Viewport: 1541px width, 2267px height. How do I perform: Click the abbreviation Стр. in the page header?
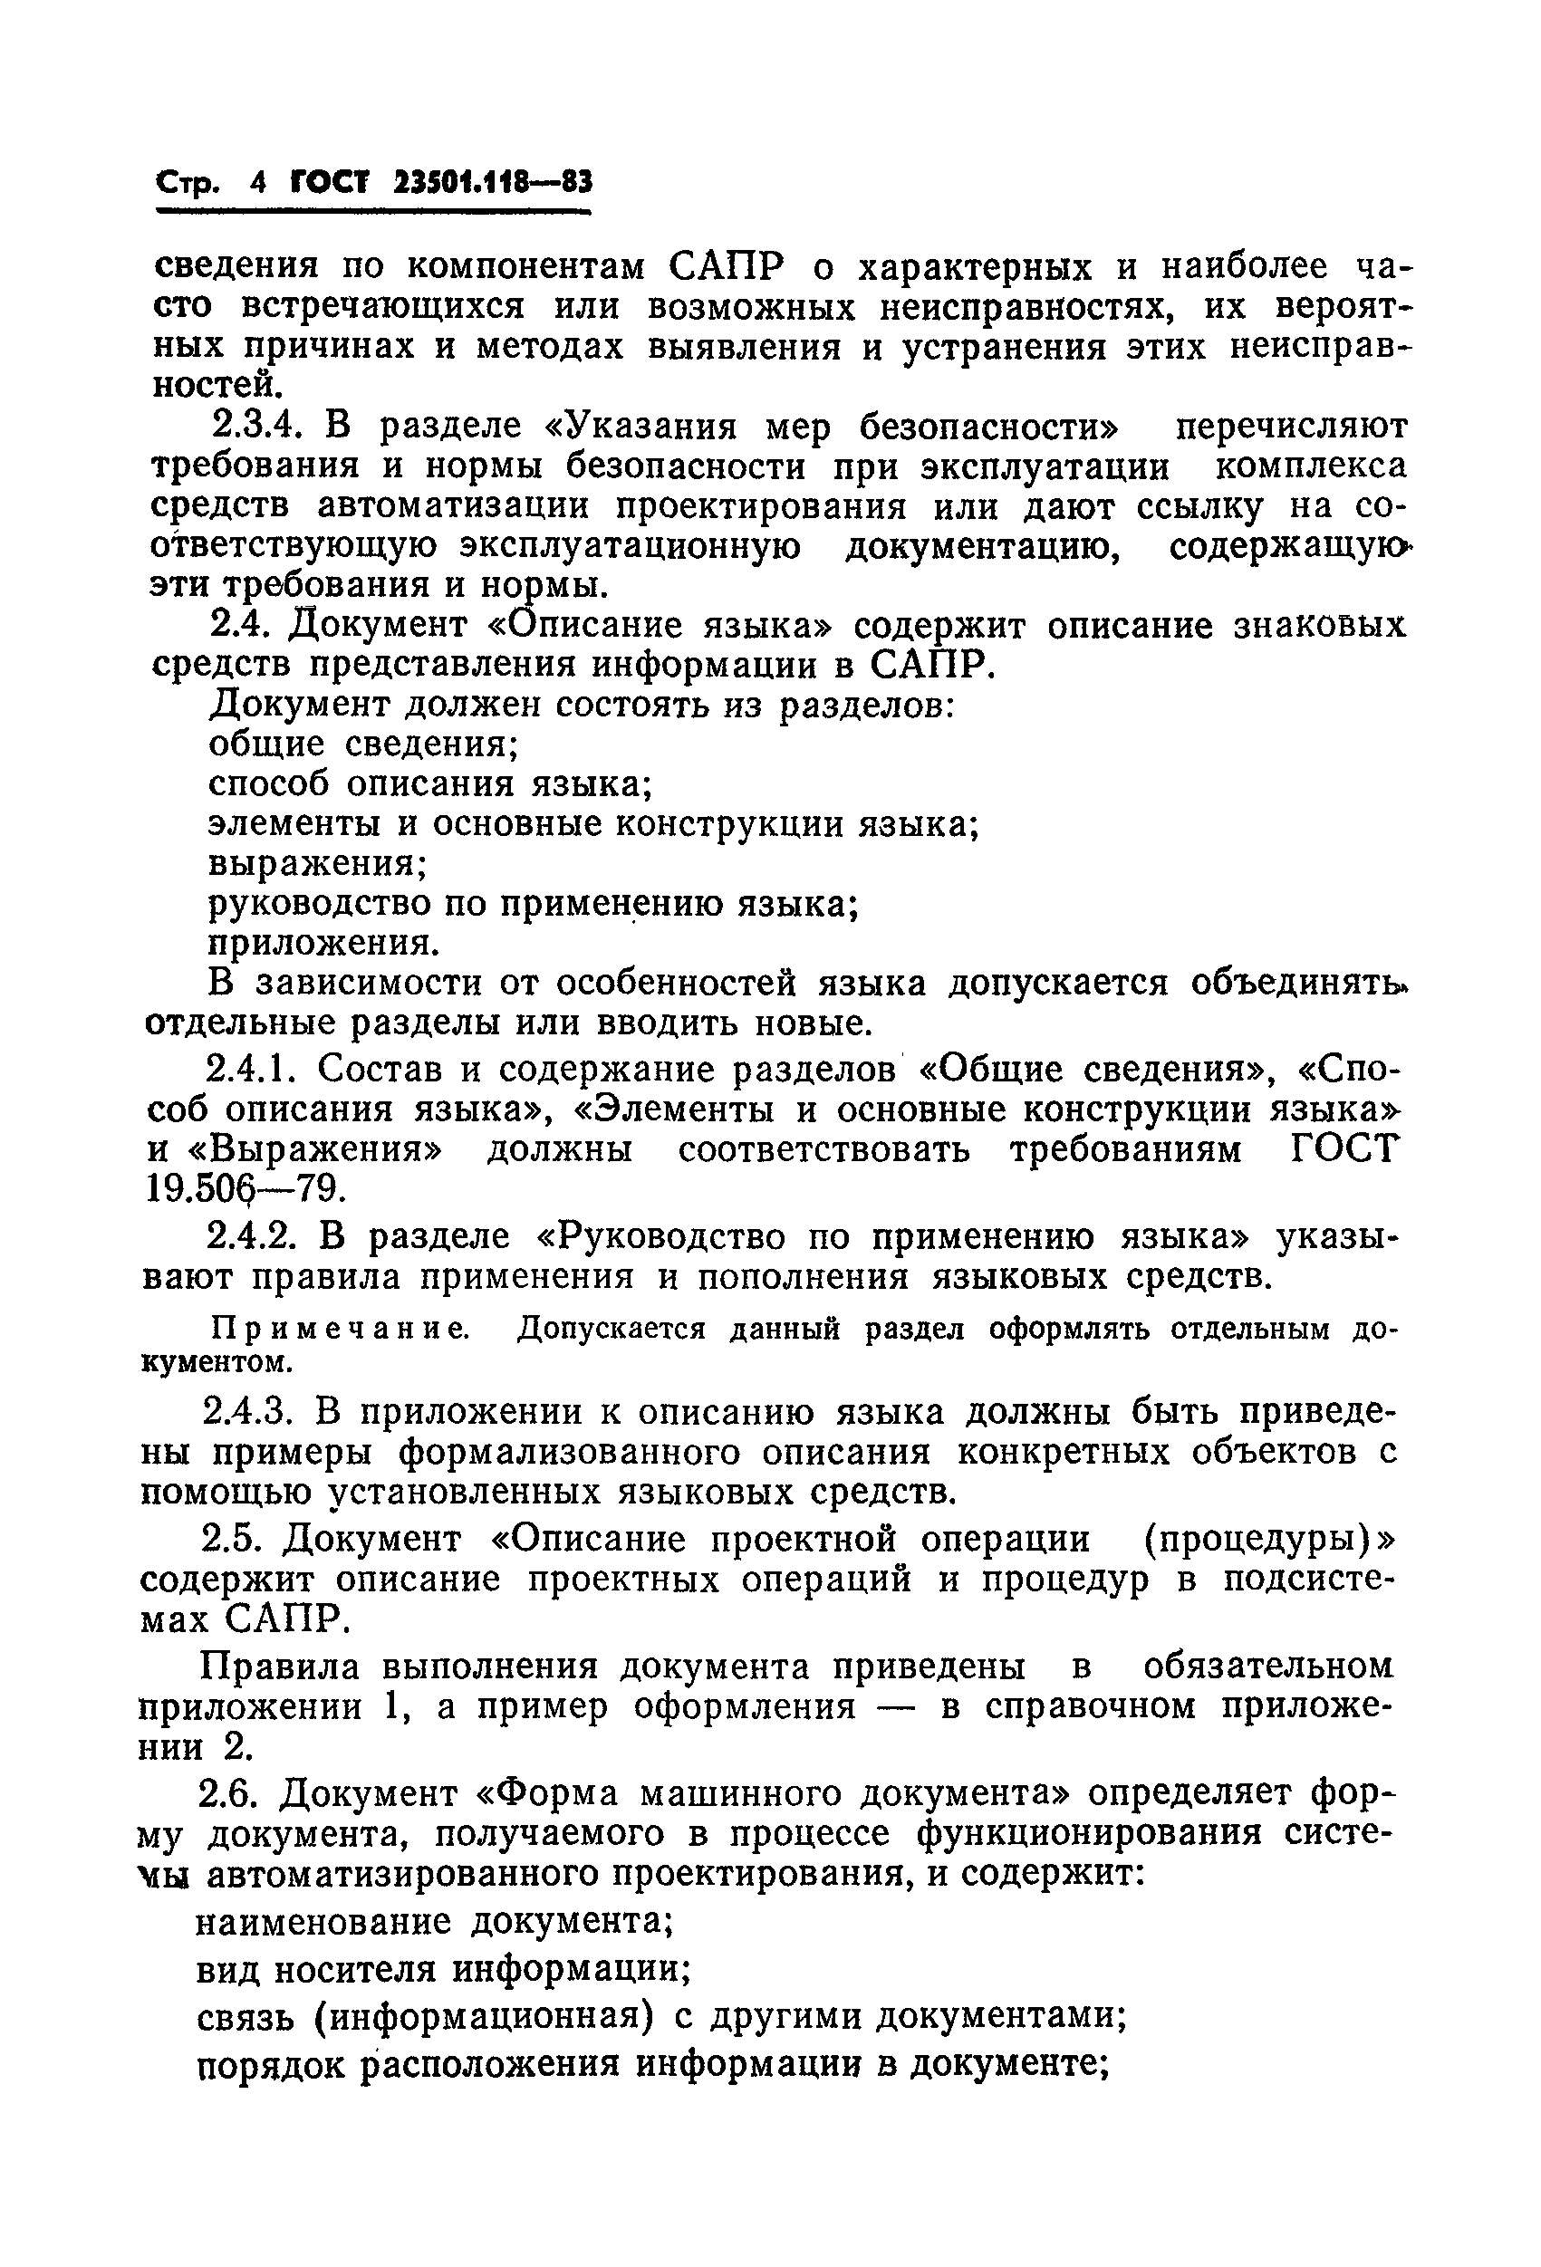coord(189,183)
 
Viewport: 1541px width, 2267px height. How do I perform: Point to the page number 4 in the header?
coord(257,183)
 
